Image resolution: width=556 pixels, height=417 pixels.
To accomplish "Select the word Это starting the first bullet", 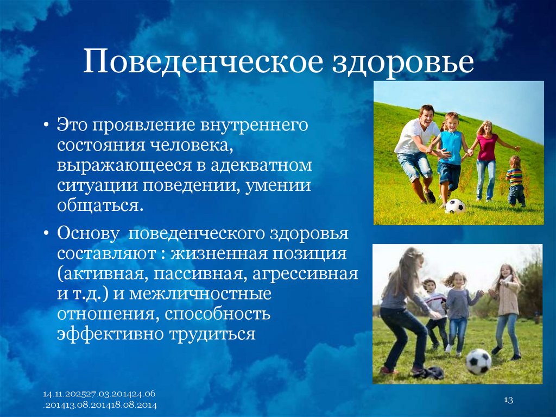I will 73,126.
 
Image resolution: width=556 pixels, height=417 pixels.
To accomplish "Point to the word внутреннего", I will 255,126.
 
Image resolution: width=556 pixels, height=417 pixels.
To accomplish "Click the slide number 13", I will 509,400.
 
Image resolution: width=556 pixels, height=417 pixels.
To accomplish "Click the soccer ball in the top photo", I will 454,206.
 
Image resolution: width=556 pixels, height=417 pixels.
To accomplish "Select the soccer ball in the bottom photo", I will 478,362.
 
